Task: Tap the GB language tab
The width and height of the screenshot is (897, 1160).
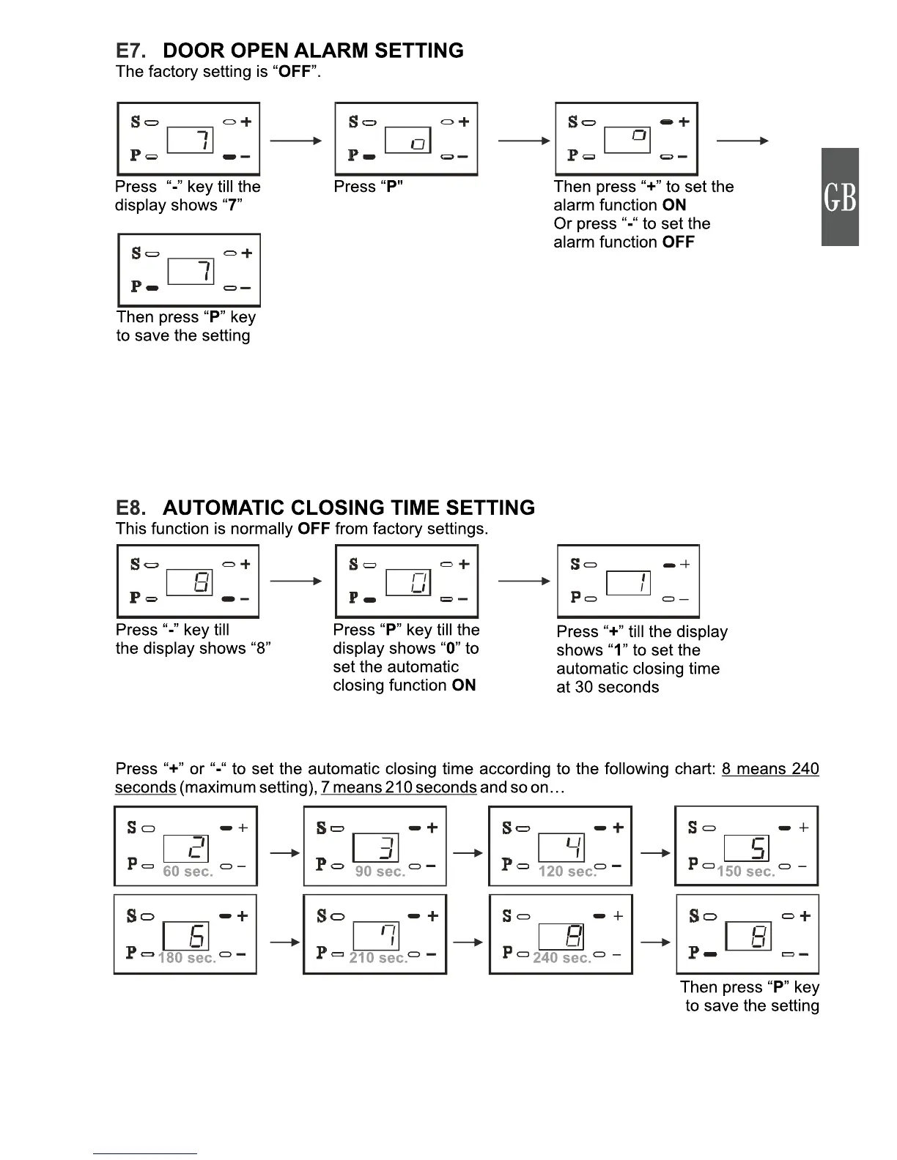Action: pyautogui.click(x=840, y=197)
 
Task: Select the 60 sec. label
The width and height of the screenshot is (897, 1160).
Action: pyautogui.click(x=188, y=871)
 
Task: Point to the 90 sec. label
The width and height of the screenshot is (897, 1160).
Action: pyautogui.click(x=380, y=871)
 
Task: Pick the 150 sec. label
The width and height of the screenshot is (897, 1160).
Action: pyautogui.click(x=745, y=871)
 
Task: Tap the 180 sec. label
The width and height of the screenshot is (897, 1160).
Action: pyautogui.click(x=187, y=958)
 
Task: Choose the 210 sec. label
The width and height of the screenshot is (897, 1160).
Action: pyautogui.click(x=378, y=958)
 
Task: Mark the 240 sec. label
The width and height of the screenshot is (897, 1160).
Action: pyautogui.click(x=562, y=958)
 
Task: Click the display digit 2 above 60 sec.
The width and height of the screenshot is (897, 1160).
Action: pyautogui.click(x=186, y=848)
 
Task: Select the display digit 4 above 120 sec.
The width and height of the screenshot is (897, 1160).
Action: pyautogui.click(x=562, y=848)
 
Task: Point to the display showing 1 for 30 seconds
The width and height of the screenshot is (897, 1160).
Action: pyautogui.click(x=629, y=583)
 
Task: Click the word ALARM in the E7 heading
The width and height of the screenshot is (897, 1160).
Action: pyautogui.click(x=331, y=51)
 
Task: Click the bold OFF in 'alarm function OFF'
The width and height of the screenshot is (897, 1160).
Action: pyautogui.click(x=678, y=242)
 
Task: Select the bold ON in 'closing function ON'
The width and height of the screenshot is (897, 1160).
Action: pyautogui.click(x=464, y=685)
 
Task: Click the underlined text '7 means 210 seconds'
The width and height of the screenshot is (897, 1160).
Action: pyautogui.click(x=399, y=787)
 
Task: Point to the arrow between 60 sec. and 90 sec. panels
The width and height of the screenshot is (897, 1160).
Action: pyautogui.click(x=285, y=852)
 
